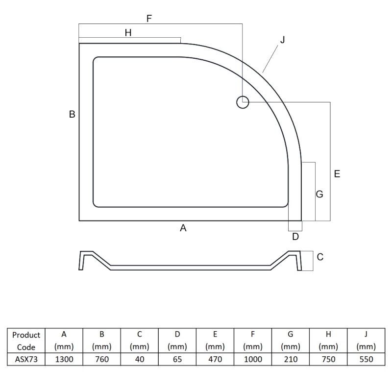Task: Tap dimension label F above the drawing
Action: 149,19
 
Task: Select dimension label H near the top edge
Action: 128,33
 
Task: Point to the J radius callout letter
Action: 283,40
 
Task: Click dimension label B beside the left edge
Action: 72,114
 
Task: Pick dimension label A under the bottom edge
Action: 183,228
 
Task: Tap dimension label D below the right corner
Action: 295,237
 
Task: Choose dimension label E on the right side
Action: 337,174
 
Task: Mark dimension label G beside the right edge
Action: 319,194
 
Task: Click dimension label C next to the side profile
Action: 320,257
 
